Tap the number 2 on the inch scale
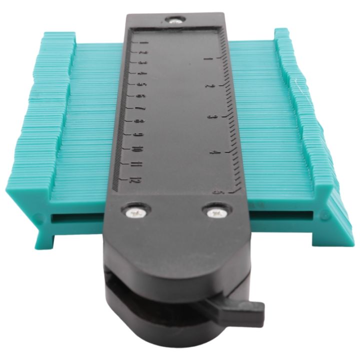[x=209, y=85]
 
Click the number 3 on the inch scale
[x=212, y=116]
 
